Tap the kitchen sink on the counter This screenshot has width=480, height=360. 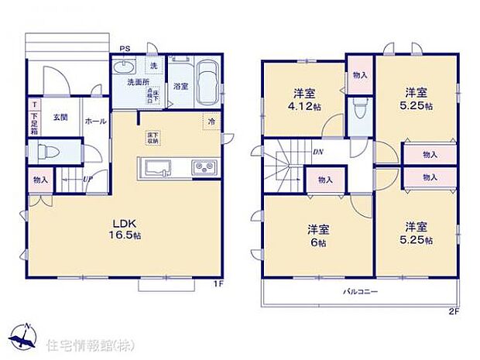pos(159,168)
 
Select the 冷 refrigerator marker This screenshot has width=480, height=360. pos(211,121)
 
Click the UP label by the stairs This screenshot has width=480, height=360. pos(88,180)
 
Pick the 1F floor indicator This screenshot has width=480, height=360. pos(218,284)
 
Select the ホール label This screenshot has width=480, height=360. pos(95,121)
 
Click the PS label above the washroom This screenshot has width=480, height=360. pos(124,48)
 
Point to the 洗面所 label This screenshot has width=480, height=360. pos(139,82)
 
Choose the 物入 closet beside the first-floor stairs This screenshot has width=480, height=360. pos(41,180)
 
